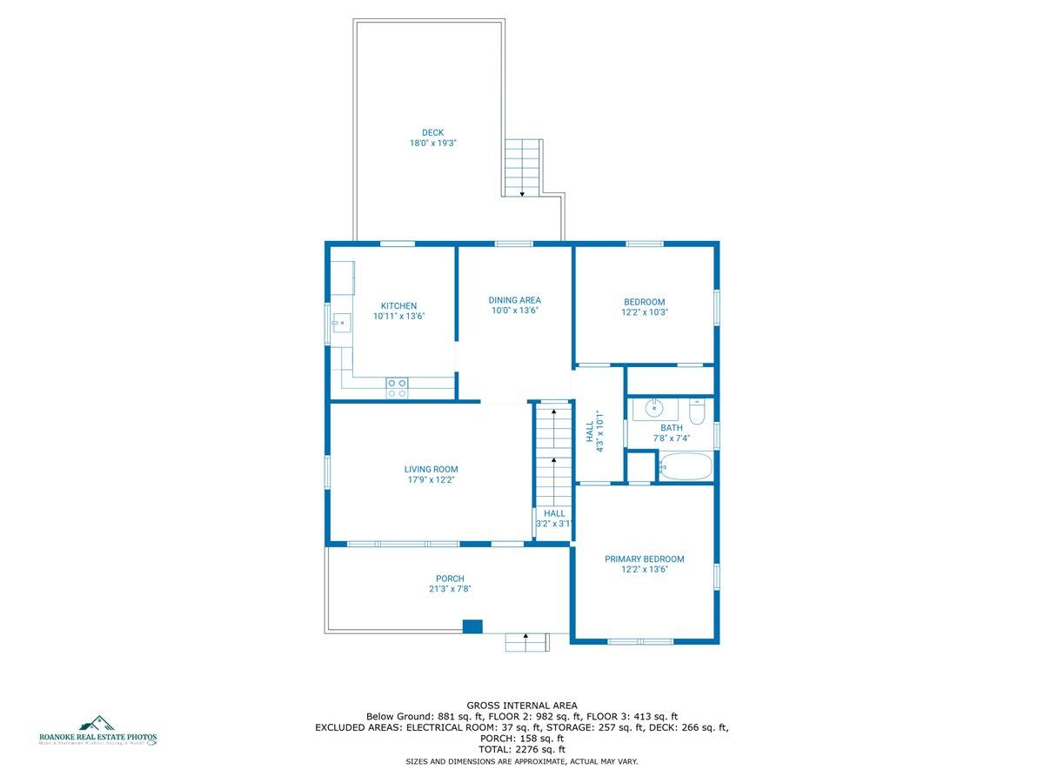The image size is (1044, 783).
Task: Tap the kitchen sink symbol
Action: coord(340,324)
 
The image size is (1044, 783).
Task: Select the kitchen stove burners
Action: coord(398,388)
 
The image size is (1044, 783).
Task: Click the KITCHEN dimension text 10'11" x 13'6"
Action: coord(398,317)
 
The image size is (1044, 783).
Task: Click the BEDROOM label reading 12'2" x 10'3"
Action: coord(644,306)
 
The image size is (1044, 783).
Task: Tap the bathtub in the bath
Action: coord(685,466)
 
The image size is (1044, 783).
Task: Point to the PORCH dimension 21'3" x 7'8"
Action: coord(450,589)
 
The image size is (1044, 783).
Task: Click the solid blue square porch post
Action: coord(472,626)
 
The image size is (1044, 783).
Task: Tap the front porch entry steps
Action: coord(527,642)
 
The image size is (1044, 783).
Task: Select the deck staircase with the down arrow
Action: coord(522,168)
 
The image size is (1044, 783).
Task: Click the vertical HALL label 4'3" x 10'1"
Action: coord(594,431)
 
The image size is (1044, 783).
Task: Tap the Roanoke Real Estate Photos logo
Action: coord(97,731)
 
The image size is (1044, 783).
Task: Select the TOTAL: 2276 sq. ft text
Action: coord(522,749)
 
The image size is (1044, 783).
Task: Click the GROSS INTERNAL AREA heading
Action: coord(522,706)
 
